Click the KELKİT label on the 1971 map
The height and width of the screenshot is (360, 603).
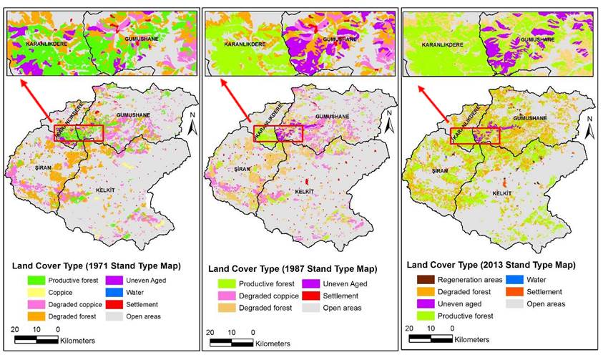[108, 191]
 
